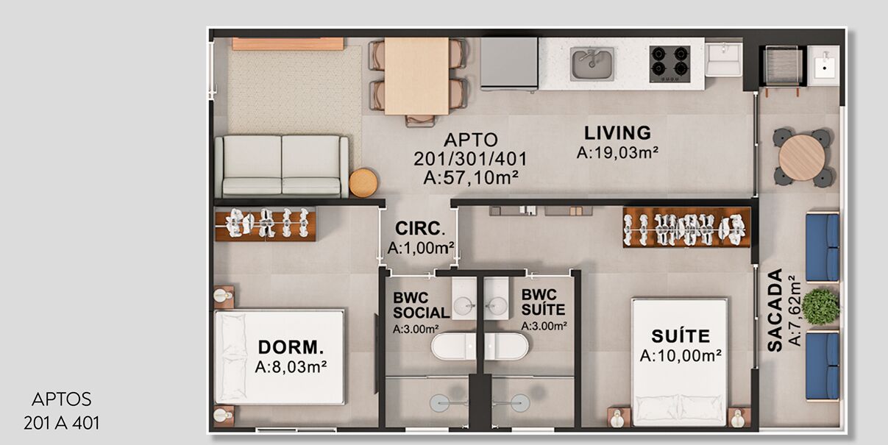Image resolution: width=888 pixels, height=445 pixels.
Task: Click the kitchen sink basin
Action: (592, 63)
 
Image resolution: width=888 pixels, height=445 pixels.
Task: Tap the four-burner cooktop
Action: (670, 64)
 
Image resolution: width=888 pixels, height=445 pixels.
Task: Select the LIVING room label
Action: (617, 133)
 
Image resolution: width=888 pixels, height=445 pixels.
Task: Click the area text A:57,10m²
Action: (471, 178)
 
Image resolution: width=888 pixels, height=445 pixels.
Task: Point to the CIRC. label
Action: (420, 229)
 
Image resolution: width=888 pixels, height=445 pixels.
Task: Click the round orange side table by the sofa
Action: (363, 182)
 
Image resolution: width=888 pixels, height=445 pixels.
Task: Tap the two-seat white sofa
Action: (282, 166)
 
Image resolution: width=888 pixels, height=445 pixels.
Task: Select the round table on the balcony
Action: (802, 157)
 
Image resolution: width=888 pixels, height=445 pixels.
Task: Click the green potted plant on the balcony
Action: (820, 307)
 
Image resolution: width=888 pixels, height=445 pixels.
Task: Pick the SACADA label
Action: (775, 310)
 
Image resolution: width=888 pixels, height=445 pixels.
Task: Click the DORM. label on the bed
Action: (291, 347)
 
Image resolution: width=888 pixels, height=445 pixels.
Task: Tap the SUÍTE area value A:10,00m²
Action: (681, 356)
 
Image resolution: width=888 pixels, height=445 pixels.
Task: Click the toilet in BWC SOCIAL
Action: (453, 346)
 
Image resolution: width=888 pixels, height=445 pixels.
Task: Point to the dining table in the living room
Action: (416, 76)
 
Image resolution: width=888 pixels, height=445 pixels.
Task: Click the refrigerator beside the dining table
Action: (509, 63)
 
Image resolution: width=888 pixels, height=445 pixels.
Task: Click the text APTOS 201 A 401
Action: (62, 411)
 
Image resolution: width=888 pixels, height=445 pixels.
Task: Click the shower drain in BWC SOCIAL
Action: (440, 403)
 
